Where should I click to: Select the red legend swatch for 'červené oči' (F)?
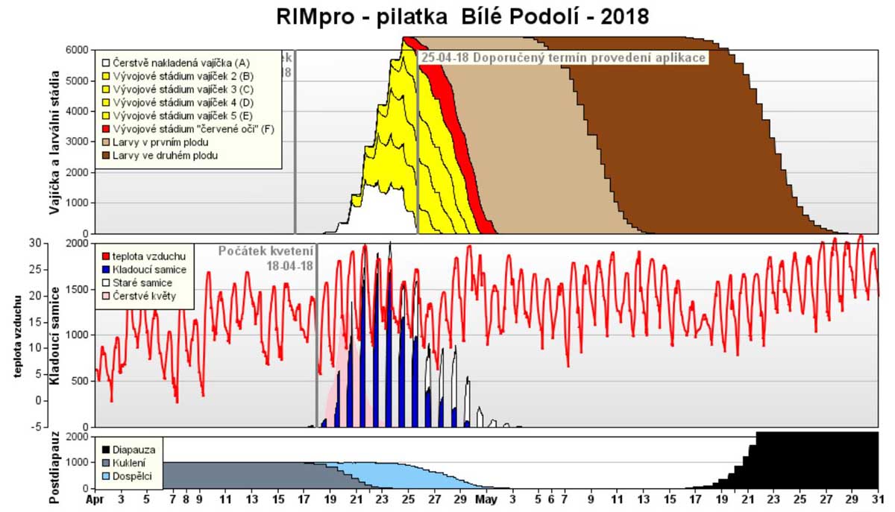[106, 129]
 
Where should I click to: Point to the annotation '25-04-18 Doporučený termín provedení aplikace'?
[563, 57]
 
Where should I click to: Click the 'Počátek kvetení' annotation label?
[266, 251]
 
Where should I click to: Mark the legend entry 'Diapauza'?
[134, 449]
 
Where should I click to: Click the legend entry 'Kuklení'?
[131, 463]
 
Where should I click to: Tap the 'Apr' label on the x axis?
[95, 499]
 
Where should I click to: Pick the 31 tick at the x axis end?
[877, 499]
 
